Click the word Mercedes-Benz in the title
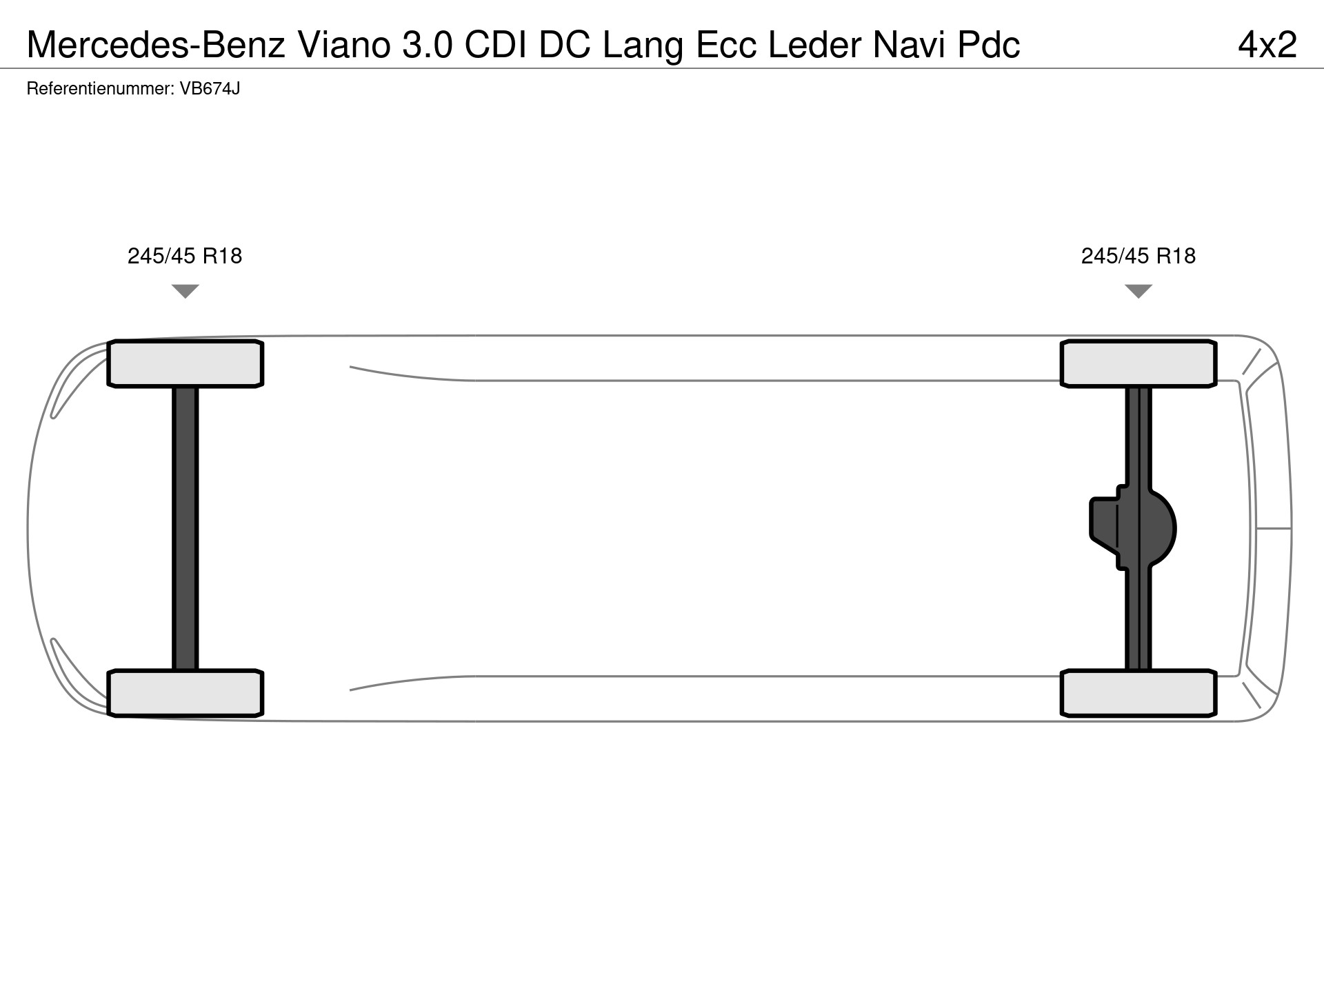(x=156, y=45)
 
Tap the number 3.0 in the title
(x=428, y=45)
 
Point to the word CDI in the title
(x=496, y=45)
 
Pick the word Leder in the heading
(x=814, y=45)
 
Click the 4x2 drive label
(x=1267, y=45)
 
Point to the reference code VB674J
(x=210, y=89)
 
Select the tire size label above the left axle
(x=185, y=256)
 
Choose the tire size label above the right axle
(x=1139, y=256)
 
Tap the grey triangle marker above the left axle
(x=185, y=291)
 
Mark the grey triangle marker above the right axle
(x=1139, y=291)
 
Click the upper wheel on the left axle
(x=185, y=363)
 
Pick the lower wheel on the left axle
(x=185, y=693)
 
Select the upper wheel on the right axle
(x=1139, y=363)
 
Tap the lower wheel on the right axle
(x=1139, y=693)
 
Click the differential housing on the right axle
(x=1133, y=528)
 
